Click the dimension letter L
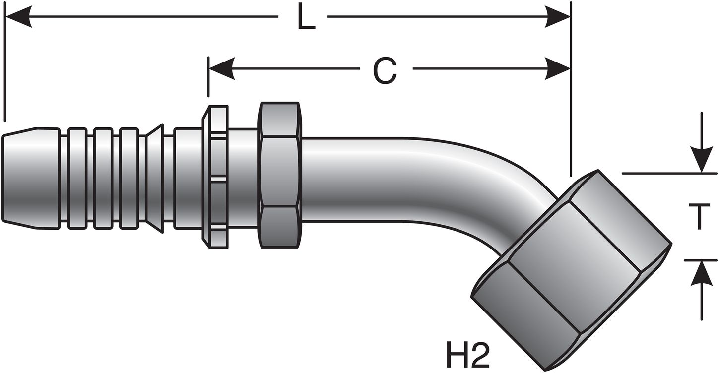point(306,18)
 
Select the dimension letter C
point(385,70)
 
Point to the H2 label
point(465,354)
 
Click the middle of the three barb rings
point(103,179)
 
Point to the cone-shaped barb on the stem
point(155,179)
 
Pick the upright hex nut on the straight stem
point(280,175)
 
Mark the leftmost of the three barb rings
point(77,179)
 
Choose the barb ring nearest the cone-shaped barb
point(129,179)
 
